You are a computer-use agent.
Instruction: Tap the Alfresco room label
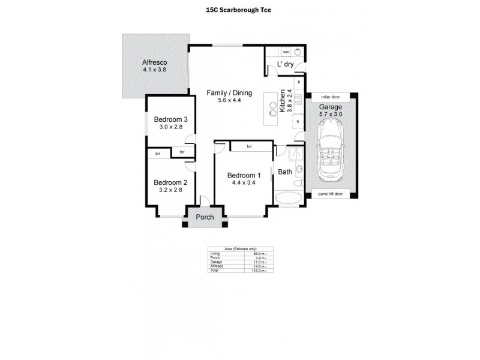point(154,62)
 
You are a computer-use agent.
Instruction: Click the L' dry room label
point(284,65)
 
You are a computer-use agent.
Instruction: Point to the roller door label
point(331,96)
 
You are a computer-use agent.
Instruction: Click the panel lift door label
point(331,194)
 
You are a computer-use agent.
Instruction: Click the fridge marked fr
point(297,122)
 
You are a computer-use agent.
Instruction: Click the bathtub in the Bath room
point(289,197)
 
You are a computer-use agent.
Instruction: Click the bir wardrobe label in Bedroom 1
point(248,146)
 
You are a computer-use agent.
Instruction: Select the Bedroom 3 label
point(170,119)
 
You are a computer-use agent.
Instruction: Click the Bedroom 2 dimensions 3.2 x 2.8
point(170,190)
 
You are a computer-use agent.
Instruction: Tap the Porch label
point(206,217)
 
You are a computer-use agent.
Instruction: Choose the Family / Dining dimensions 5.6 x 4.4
point(229,100)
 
